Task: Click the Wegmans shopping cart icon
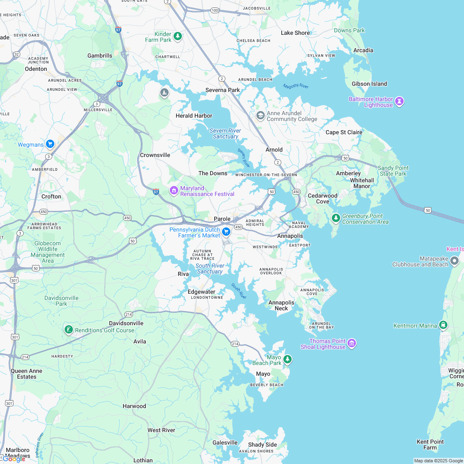(x=50, y=144)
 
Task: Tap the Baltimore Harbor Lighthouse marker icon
(x=399, y=101)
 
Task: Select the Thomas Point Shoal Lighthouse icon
(x=352, y=343)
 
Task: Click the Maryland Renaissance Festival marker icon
(x=174, y=191)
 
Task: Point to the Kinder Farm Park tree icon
(x=178, y=36)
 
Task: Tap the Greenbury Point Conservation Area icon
(x=336, y=218)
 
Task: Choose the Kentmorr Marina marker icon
(x=443, y=325)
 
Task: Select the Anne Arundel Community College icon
(x=261, y=115)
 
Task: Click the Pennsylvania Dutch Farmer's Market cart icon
(x=226, y=232)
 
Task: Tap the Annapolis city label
(x=290, y=236)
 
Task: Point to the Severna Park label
(x=222, y=90)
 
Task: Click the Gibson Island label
(x=369, y=84)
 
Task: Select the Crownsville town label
(x=155, y=155)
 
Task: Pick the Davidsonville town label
(x=126, y=323)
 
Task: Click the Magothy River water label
(x=296, y=86)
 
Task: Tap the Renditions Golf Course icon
(x=68, y=330)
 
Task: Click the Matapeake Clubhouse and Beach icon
(x=454, y=261)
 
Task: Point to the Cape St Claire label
(x=344, y=132)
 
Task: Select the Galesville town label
(x=225, y=442)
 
